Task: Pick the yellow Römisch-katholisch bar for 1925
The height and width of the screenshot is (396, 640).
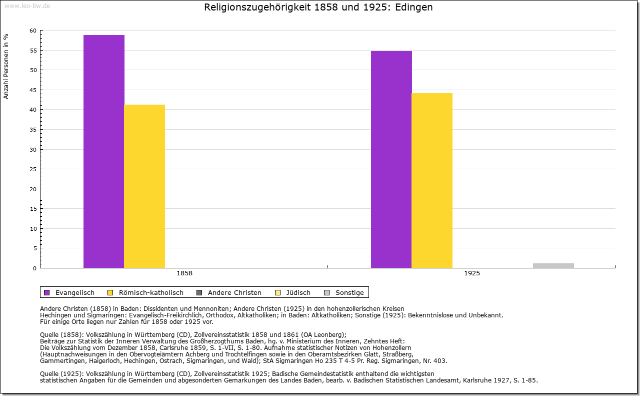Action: pyautogui.click(x=432, y=180)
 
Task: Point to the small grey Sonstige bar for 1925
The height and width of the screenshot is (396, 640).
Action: pyautogui.click(x=553, y=265)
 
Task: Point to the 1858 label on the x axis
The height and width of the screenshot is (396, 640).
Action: pyautogui.click(x=184, y=273)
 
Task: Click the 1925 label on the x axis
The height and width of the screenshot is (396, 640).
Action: pyautogui.click(x=472, y=273)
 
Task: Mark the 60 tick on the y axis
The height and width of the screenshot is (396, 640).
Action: pyautogui.click(x=33, y=31)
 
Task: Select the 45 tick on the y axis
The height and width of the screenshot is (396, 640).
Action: pyautogui.click(x=33, y=90)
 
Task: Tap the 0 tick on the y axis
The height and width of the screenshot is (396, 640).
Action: pyautogui.click(x=34, y=268)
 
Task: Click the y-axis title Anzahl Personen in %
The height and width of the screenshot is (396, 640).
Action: pyautogui.click(x=6, y=67)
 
